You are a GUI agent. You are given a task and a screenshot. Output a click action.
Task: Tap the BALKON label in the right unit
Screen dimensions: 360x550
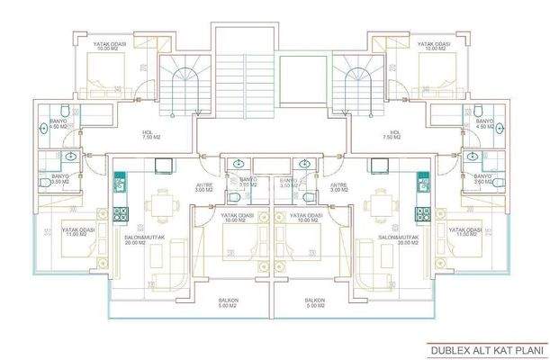coord(314,303)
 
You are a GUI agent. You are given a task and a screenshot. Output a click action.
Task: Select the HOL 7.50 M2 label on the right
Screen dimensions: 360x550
coord(371,134)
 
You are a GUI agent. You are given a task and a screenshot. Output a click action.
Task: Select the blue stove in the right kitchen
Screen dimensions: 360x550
coord(422,214)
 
